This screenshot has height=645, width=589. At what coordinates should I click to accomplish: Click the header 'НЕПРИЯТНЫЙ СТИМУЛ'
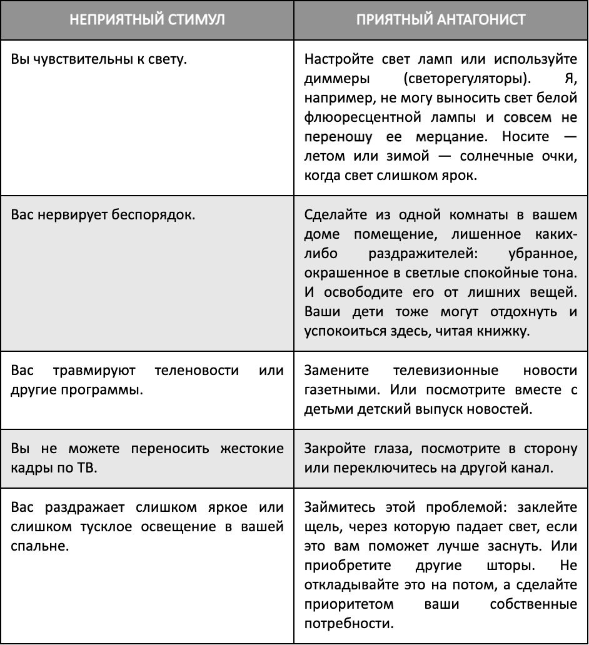[147, 19]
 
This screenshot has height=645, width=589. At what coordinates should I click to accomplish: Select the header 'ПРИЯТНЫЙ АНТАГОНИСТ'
[441, 19]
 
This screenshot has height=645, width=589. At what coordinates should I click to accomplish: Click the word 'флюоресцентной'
[354, 118]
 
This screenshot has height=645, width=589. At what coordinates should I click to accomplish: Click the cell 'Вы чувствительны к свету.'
[99, 61]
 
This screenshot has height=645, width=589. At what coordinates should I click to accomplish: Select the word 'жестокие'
[251, 449]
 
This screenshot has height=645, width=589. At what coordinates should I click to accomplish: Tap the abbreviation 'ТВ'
[90, 468]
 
